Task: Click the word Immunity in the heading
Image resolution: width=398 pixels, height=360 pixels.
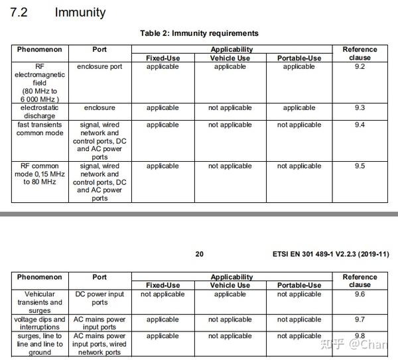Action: click(80, 13)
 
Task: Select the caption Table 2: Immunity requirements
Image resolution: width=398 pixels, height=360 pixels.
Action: click(199, 33)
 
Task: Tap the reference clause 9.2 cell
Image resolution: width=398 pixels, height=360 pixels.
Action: click(360, 66)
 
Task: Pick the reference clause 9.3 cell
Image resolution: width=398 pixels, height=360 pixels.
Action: click(360, 107)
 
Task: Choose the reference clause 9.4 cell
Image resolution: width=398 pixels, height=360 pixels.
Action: click(360, 125)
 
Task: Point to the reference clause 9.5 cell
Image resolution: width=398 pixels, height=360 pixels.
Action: click(360, 166)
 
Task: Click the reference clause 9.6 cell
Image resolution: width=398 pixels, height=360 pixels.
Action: click(360, 294)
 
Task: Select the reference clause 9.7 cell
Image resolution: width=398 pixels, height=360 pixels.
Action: click(360, 320)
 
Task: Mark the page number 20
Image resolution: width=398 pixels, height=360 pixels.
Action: click(200, 254)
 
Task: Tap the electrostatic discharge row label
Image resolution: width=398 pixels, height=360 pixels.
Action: click(39, 111)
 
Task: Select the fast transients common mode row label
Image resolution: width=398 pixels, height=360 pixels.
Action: click(39, 129)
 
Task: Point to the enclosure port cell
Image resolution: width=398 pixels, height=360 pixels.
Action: click(99, 66)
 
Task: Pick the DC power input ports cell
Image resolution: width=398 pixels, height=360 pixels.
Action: click(99, 298)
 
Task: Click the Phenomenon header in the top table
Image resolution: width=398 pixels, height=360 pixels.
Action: click(39, 50)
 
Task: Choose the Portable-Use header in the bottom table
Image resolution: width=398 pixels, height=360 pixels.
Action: click(299, 286)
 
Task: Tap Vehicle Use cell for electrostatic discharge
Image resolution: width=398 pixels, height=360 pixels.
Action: click(230, 107)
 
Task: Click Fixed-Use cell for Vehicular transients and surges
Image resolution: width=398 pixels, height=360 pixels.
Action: click(163, 294)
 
